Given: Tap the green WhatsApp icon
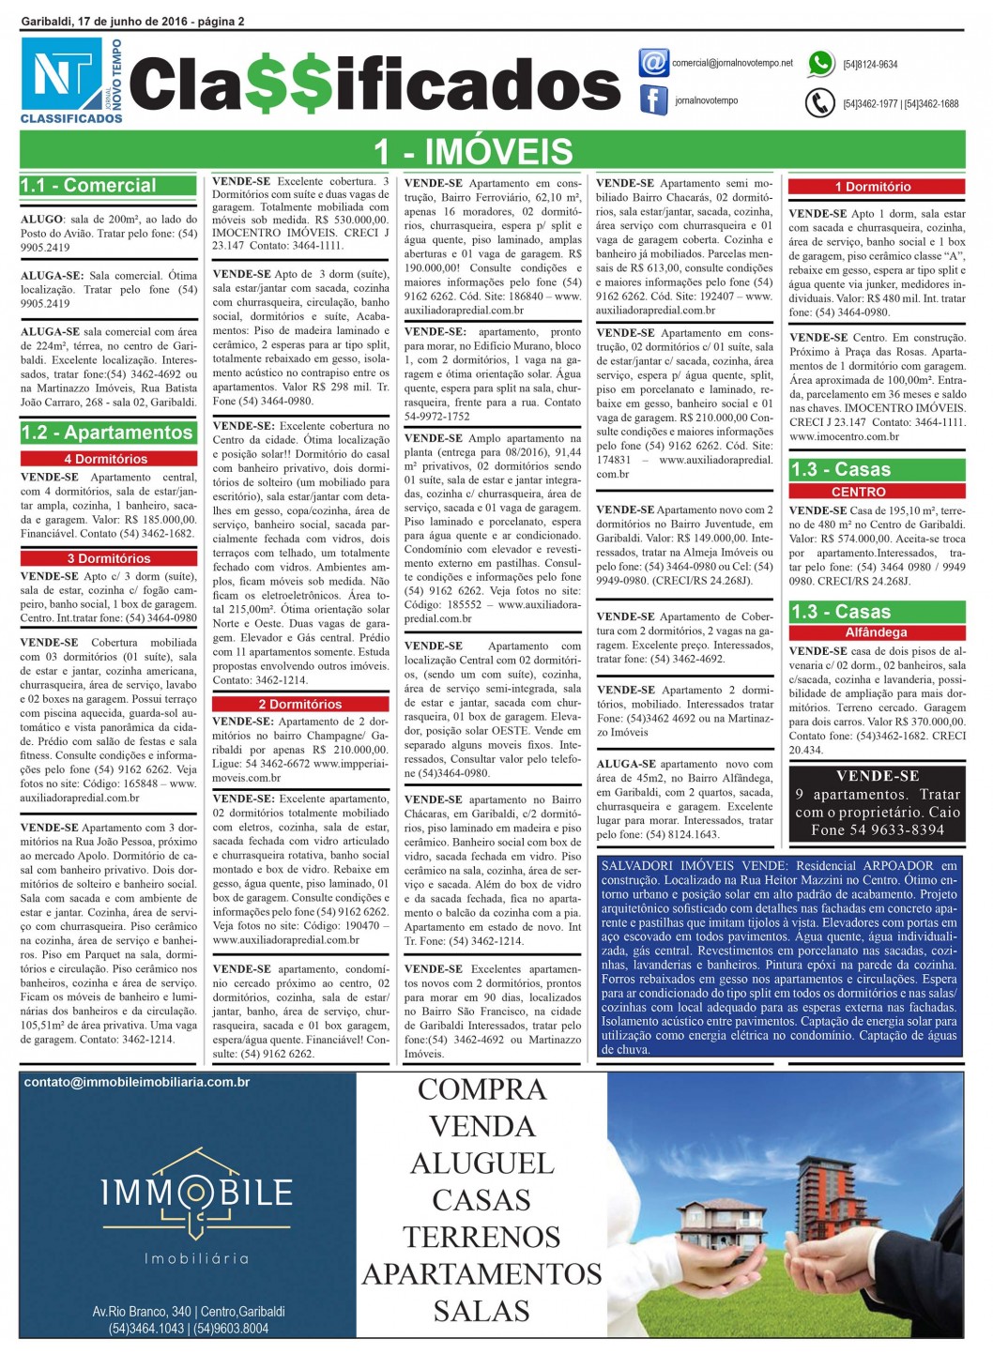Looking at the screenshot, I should coord(821,64).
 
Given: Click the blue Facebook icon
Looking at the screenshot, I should coord(653,100).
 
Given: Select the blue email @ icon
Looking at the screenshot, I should coord(653,63).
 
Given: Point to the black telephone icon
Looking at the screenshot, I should coord(820,102).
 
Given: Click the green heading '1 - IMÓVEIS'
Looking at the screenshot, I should coord(473,151).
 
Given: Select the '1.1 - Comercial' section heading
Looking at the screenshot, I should coord(89,186).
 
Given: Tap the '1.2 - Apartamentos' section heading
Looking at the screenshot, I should coord(107,433).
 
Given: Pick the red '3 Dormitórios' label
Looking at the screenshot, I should coord(108,558).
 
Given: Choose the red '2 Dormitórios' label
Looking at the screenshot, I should coord(300,704).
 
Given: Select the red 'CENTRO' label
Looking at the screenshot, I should coord(858,492).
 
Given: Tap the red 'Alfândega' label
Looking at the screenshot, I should coord(876,632).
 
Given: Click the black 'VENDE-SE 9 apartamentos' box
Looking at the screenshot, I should coord(877,803).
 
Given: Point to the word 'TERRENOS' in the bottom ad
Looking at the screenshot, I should coord(481,1237).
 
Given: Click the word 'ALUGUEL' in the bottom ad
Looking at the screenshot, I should coord(481,1164).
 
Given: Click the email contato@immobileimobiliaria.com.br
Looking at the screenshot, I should coord(137,1082).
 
